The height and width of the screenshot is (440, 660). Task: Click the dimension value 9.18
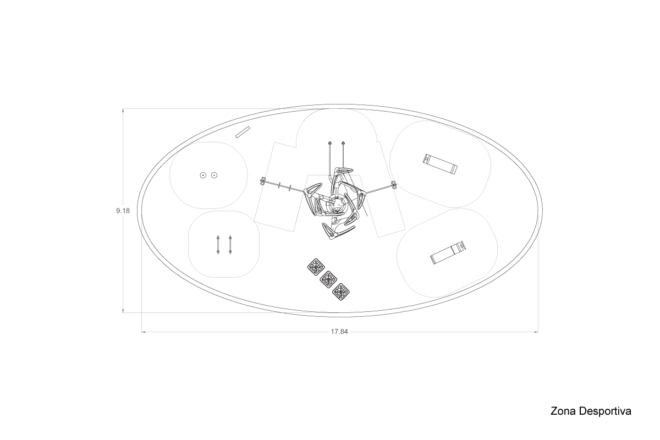(123, 211)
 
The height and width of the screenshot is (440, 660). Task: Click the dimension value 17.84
(339, 332)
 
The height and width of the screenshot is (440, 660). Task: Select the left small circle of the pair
(203, 175)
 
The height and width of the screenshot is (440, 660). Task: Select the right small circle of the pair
(214, 175)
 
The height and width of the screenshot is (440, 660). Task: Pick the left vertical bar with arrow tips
(218, 245)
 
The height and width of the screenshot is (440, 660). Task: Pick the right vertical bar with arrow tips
(230, 245)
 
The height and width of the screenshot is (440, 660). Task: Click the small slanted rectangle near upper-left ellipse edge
(243, 132)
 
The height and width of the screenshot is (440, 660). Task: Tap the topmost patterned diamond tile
(316, 267)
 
